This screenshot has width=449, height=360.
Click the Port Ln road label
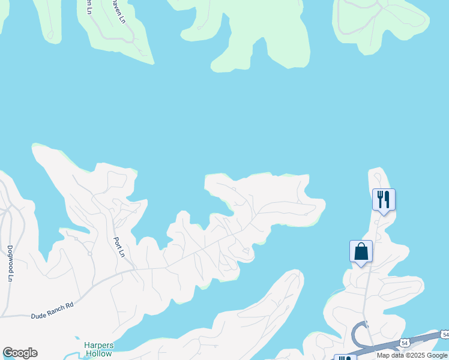[118, 247]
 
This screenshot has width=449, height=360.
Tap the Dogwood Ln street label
[10, 263]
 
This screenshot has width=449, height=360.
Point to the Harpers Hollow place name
[98, 349]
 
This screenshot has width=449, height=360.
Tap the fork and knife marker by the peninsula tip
[384, 199]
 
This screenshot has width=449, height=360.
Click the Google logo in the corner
[20, 353]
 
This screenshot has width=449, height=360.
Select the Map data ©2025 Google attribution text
[412, 355]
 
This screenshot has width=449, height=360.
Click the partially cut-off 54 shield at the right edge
[444, 334]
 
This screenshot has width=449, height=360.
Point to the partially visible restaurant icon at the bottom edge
[345, 358]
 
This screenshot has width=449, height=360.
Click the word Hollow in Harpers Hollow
[98, 354]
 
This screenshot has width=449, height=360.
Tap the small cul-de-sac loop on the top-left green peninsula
[51, 36]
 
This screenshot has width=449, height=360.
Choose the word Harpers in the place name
[98, 345]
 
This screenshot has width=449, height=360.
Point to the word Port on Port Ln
[118, 242]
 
